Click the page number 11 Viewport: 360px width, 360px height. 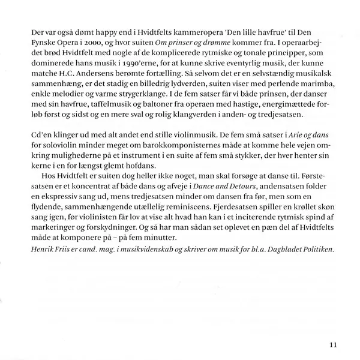[333, 344]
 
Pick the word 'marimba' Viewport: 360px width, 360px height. [314, 83]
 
